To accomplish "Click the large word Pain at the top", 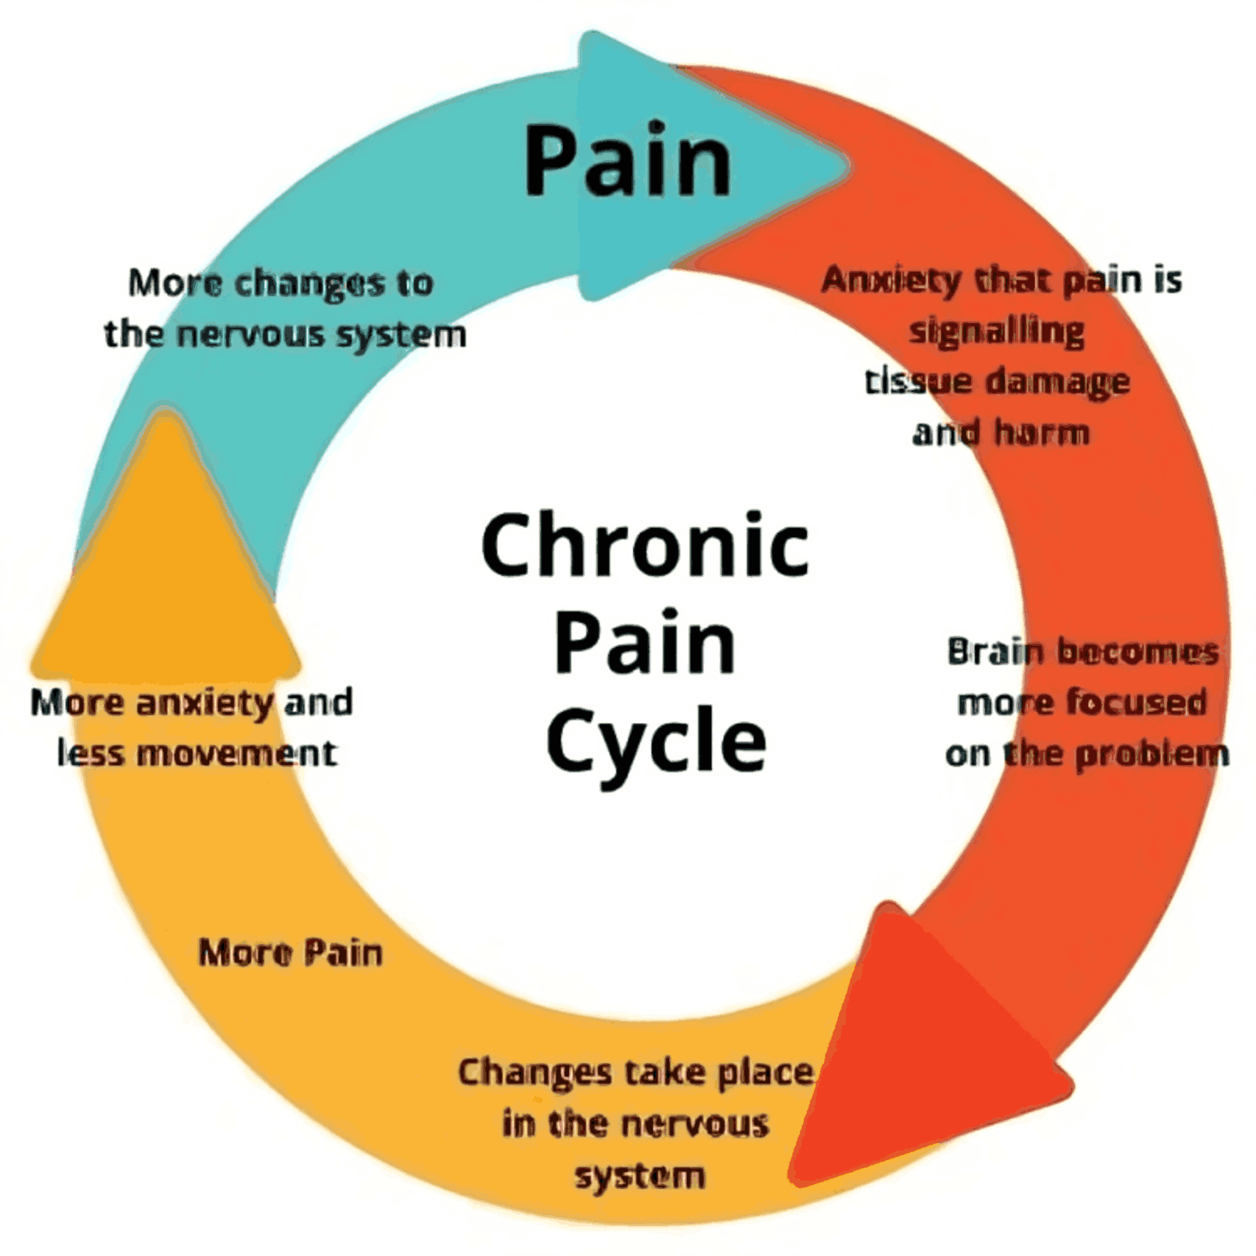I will click(x=628, y=161).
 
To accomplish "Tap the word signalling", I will click(x=997, y=332).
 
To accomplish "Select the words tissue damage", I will click(x=997, y=382).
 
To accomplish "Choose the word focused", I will click(x=1135, y=702).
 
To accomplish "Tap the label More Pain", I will click(x=291, y=953).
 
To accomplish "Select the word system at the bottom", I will click(x=640, y=1176).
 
